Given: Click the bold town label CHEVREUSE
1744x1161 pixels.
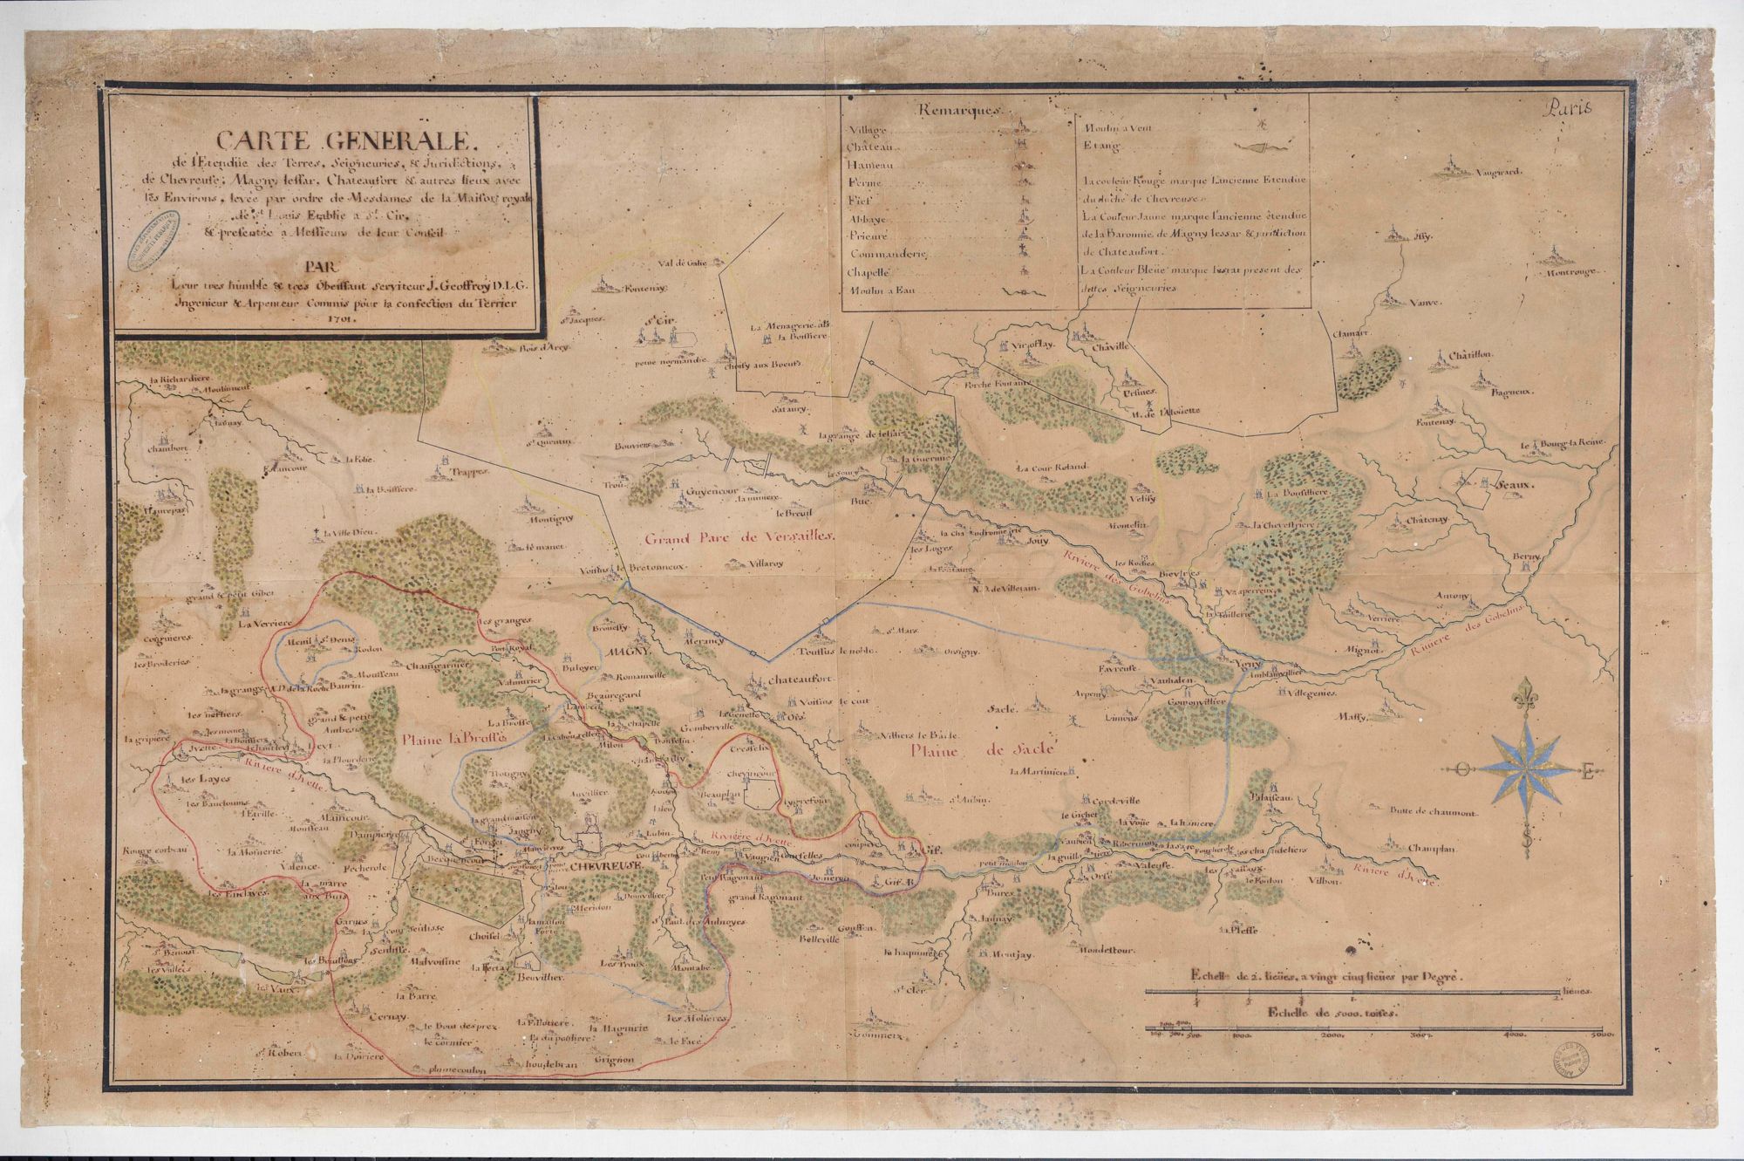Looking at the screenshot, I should pyautogui.click(x=606, y=867).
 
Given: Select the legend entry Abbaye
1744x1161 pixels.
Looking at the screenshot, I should pyautogui.click(x=863, y=219).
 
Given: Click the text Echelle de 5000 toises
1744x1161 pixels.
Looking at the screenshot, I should pyautogui.click(x=1332, y=1015).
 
